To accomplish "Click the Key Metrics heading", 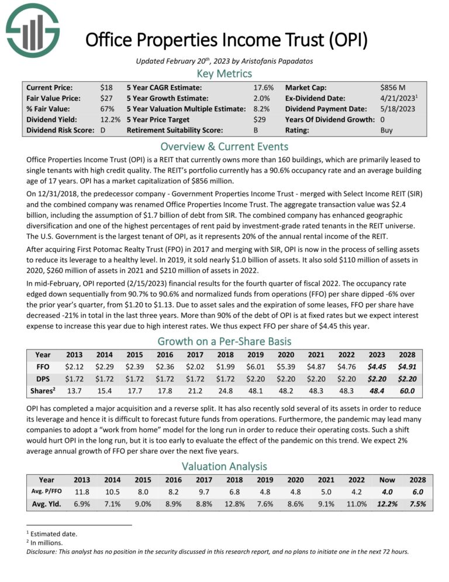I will pos(224,73).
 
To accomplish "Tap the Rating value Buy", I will pos(386,131).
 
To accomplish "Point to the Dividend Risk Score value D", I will pos(102,131).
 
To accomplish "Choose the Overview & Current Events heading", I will pos(224,146).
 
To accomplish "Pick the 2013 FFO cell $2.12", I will pos(74,367).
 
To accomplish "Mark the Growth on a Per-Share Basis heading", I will pos(224,341).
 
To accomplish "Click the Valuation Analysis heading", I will pos(224,466).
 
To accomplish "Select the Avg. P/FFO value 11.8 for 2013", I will pos(74,492).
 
